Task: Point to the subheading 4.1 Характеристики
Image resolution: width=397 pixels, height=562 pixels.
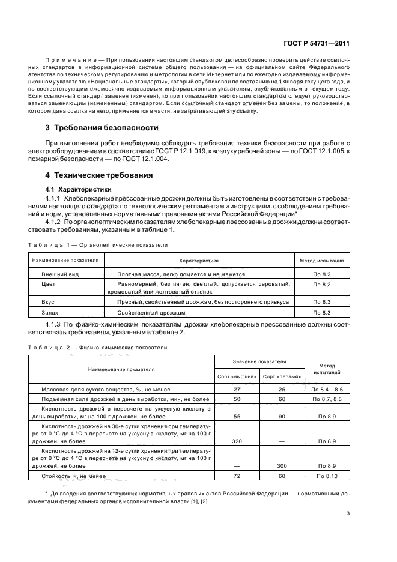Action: click(x=80, y=189)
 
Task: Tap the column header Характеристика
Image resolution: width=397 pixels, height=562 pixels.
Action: click(x=198, y=261)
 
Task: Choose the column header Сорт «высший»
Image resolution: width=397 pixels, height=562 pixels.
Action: click(x=237, y=376)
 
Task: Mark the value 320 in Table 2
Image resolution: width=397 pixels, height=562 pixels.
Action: click(x=237, y=440)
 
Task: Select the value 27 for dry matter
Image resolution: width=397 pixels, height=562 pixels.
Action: click(x=237, y=390)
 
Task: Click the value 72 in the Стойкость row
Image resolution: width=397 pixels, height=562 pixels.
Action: click(x=237, y=476)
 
